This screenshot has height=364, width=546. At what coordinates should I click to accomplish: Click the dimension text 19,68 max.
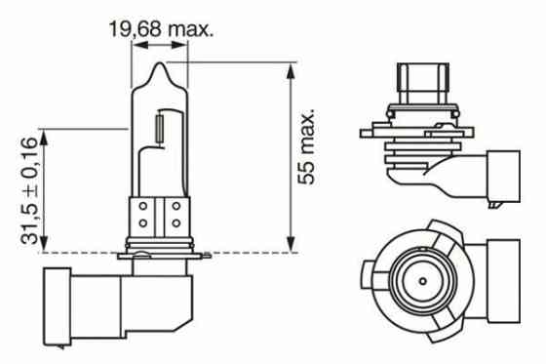click(x=161, y=28)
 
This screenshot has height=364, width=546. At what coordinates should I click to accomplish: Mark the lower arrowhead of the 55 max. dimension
click(x=291, y=246)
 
